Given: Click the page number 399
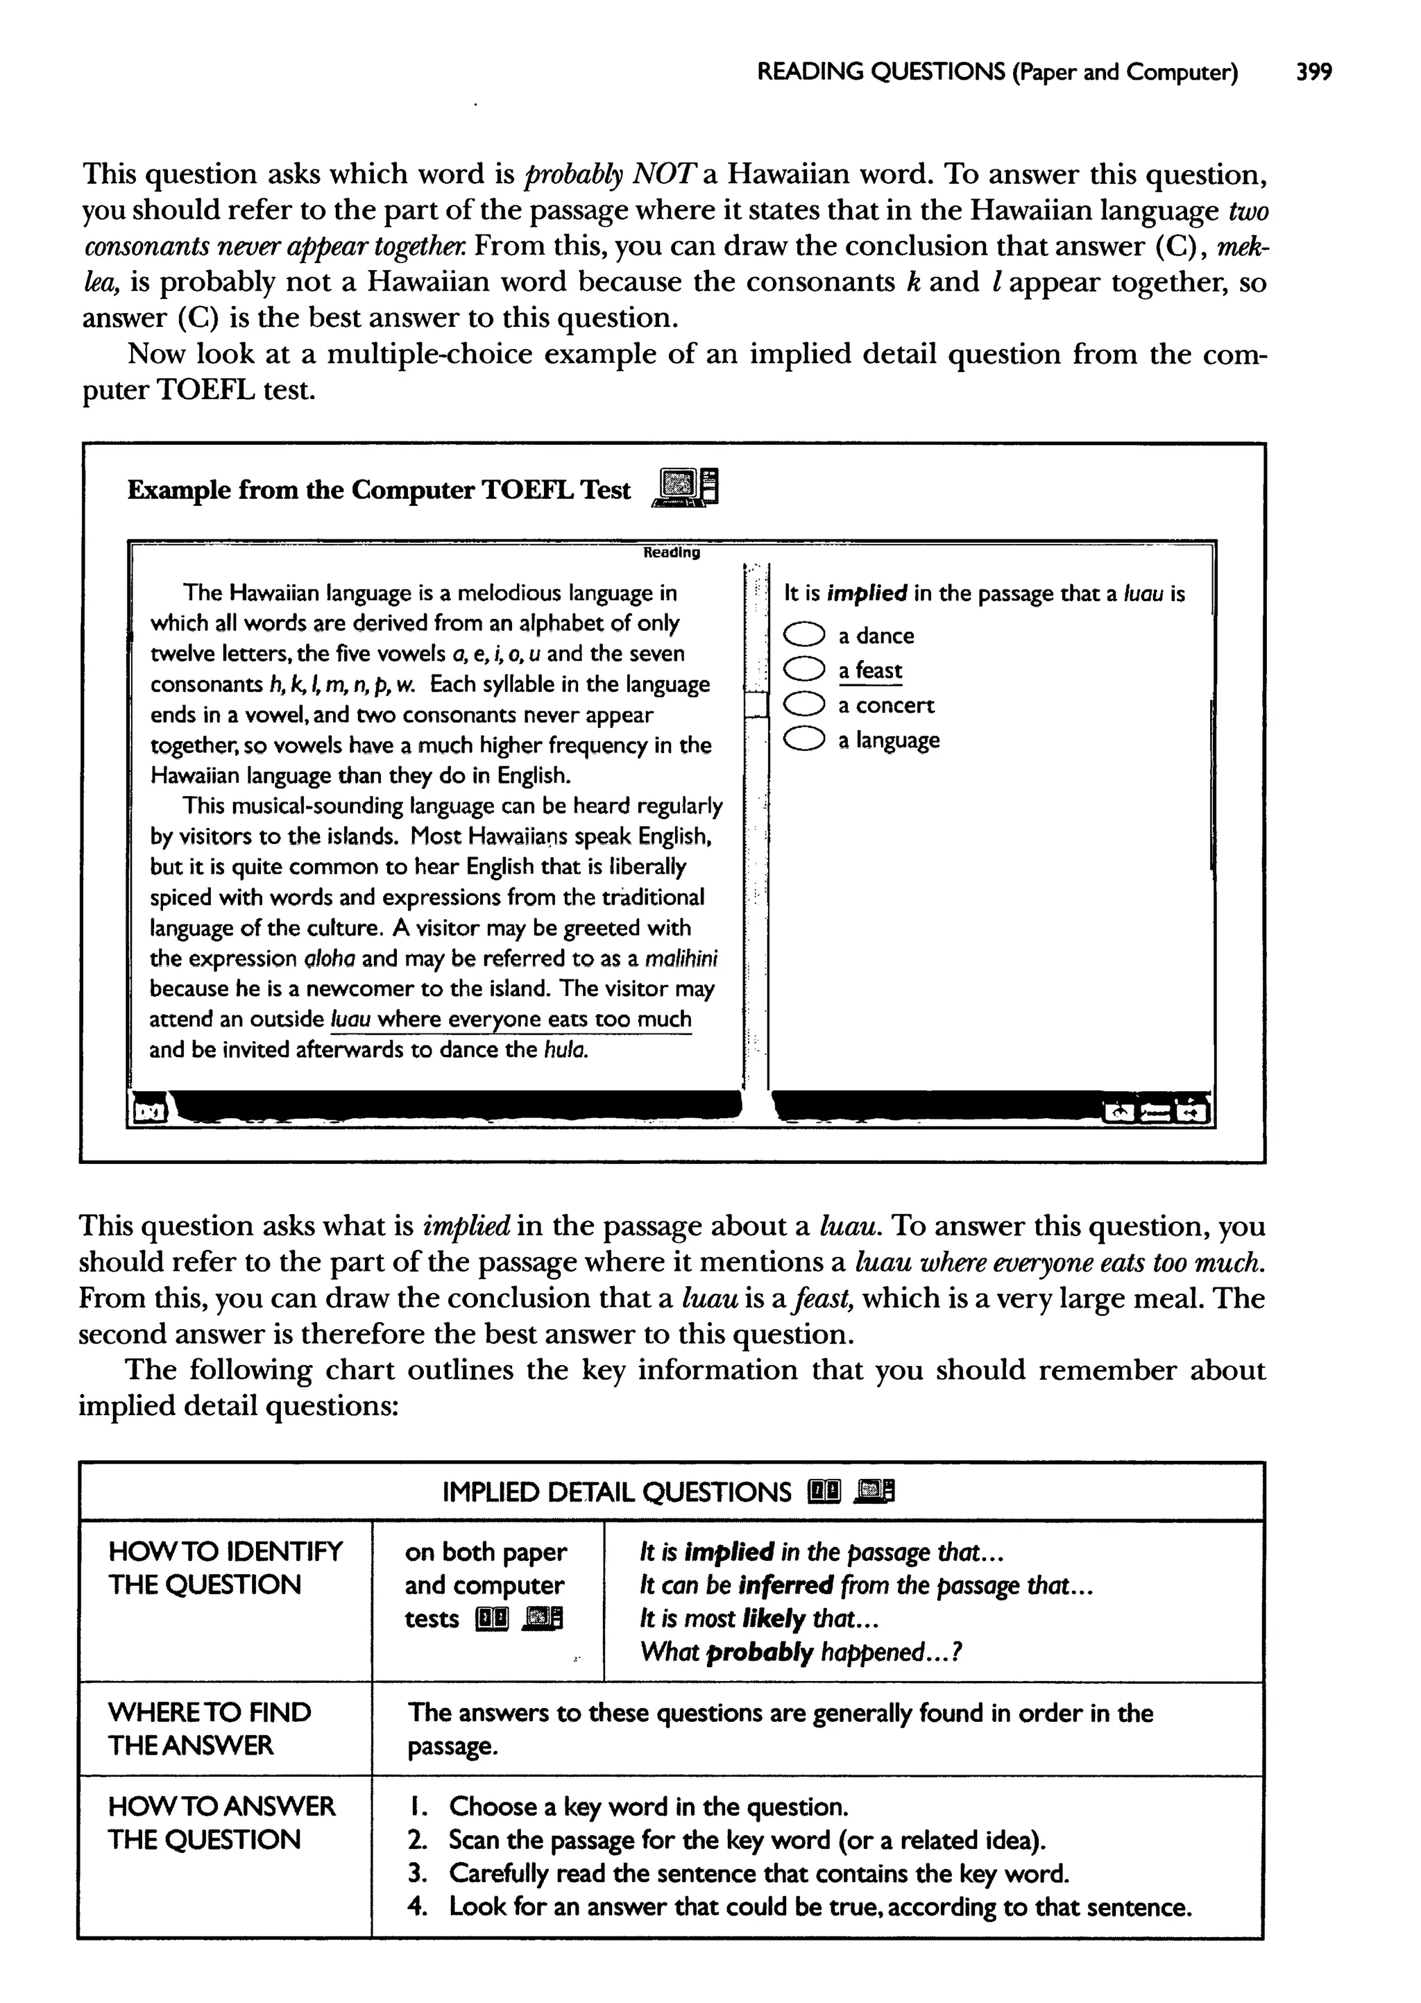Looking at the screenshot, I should [1313, 71].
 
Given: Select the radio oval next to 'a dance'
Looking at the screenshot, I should [803, 634].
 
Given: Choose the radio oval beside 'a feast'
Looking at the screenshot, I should [803, 670].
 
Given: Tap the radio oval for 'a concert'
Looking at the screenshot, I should [803, 705].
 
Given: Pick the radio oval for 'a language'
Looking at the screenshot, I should [803, 741].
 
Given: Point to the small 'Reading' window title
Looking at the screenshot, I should [671, 552].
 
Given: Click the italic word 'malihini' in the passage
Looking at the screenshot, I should [681, 959].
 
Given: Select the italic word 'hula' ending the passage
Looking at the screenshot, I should [563, 1050].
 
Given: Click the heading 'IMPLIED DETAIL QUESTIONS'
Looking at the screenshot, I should [616, 1492].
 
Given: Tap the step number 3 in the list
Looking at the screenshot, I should [418, 1873].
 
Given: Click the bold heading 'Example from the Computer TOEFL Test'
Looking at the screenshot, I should [378, 490].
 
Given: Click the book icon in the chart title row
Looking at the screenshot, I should [825, 1491].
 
